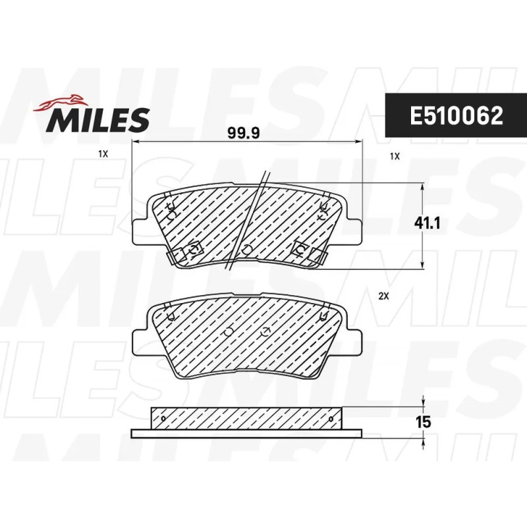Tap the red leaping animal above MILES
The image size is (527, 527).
coord(60,103)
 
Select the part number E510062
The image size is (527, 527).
coord(456,116)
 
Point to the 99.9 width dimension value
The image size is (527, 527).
coord(244,133)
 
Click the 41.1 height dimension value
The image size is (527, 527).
coord(427,223)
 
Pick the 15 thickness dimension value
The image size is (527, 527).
coord(423,422)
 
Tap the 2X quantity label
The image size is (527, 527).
coord(384,296)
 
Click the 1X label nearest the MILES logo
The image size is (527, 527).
coord(103,154)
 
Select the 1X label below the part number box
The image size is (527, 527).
coord(395,156)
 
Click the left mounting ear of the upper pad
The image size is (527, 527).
coord(140,233)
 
